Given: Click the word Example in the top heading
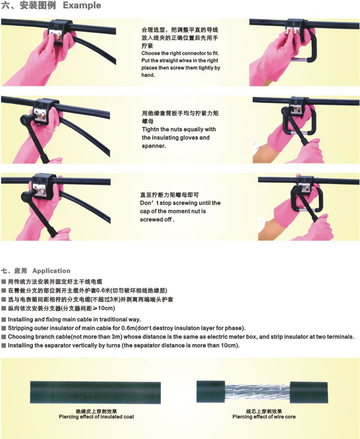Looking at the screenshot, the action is point(82,5).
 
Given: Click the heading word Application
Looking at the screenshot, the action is point(52,271).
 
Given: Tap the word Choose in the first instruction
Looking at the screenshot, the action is point(151,53).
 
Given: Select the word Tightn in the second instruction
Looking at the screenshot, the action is point(151,129).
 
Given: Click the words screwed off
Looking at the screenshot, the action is point(157,219).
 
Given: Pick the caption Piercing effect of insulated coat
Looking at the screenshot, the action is point(96,417).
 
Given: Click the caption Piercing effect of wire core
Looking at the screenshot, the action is point(264,417).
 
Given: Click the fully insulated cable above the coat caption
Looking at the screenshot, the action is point(95,392).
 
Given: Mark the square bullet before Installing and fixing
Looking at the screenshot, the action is point(4,319).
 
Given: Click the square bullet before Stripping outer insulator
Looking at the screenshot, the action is point(4,328).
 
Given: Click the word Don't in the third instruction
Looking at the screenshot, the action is point(148,202).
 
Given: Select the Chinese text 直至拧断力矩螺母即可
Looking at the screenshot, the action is point(169,195).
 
